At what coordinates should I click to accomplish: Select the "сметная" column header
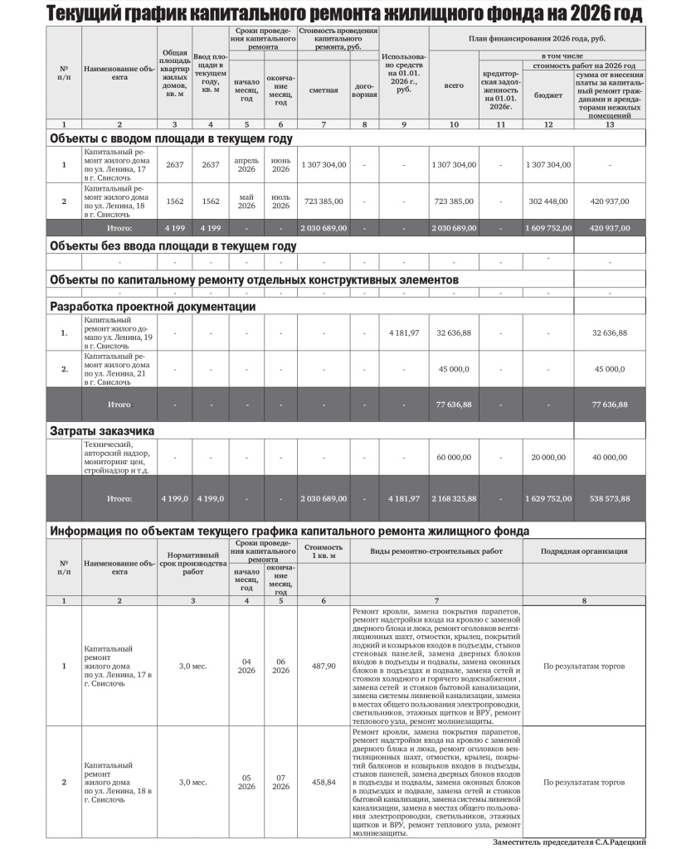pyautogui.click(x=323, y=90)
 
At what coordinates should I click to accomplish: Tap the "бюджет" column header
pyautogui.click(x=547, y=95)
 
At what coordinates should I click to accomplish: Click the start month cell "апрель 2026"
pyautogui.click(x=246, y=164)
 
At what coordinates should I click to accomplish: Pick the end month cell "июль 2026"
pyautogui.click(x=280, y=201)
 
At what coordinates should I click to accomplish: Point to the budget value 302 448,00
pyautogui.click(x=547, y=201)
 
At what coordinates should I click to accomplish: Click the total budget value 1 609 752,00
pyautogui.click(x=547, y=227)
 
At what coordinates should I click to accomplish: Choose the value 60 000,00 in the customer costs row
pyautogui.click(x=454, y=457)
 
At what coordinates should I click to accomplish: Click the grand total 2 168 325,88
pyautogui.click(x=454, y=498)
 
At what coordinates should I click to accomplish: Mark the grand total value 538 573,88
pyautogui.click(x=610, y=498)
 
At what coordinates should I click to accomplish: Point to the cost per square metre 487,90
pyautogui.click(x=323, y=665)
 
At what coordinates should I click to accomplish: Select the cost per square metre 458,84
pyautogui.click(x=323, y=782)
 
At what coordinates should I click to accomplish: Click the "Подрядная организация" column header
pyautogui.click(x=584, y=551)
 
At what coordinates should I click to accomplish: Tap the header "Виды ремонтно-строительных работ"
pyautogui.click(x=436, y=551)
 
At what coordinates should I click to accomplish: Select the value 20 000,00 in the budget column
pyautogui.click(x=547, y=457)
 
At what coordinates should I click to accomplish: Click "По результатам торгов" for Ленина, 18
pyautogui.click(x=584, y=782)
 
